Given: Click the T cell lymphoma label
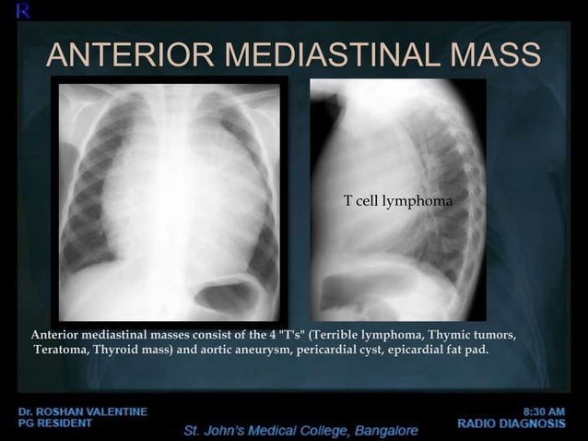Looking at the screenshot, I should pyautogui.click(x=398, y=200).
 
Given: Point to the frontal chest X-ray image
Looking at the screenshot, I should pyautogui.click(x=170, y=198).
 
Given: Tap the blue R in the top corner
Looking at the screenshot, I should pyautogui.click(x=9, y=10).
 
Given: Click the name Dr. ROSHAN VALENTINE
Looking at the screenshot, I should pyautogui.click(x=82, y=411).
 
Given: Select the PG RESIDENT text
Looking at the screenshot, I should pyautogui.click(x=54, y=423).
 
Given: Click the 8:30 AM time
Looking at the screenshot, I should pyautogui.click(x=544, y=411).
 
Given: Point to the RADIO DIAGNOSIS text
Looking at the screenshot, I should pyautogui.click(x=512, y=423).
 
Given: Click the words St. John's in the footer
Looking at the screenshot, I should pyautogui.click(x=221, y=431).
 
